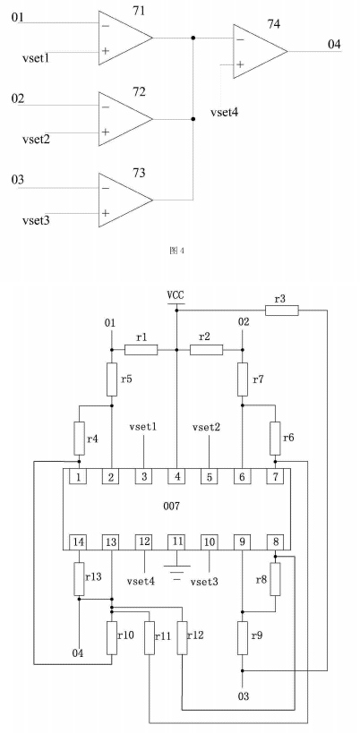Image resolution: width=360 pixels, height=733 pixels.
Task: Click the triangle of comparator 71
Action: pyautogui.click(x=124, y=38)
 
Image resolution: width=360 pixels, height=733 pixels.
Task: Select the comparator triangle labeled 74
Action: pyautogui.click(x=259, y=51)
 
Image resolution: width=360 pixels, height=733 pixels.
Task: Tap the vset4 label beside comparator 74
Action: pyautogui.click(x=225, y=112)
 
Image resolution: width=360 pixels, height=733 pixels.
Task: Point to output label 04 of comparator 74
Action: pyautogui.click(x=334, y=45)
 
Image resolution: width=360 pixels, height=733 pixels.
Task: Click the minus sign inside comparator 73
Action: pyautogui.click(x=105, y=188)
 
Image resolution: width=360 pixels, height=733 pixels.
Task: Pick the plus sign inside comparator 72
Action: pyautogui.click(x=105, y=132)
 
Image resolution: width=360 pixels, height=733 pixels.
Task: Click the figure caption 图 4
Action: pyautogui.click(x=176, y=251)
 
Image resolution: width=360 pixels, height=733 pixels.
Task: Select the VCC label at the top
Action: pyautogui.click(x=176, y=295)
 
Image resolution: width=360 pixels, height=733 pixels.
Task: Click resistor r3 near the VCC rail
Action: pyautogui.click(x=281, y=310)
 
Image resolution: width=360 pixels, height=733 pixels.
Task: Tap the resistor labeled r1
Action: pyautogui.click(x=141, y=349)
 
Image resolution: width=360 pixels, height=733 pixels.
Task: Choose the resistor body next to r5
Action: pyautogui.click(x=111, y=379)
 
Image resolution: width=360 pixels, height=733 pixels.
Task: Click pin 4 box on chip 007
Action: pyautogui.click(x=176, y=476)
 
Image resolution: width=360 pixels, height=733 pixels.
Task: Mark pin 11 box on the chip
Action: pyautogui.click(x=176, y=542)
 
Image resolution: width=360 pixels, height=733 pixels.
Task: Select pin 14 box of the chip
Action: pyautogui.click(x=79, y=542)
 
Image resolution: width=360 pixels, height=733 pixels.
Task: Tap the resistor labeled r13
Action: pyautogui.click(x=79, y=578)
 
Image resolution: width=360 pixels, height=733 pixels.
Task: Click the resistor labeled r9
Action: pyautogui.click(x=242, y=637)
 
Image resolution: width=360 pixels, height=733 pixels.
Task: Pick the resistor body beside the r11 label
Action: pyautogui.click(x=150, y=637)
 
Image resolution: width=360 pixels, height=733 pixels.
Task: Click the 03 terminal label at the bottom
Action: pyautogui.click(x=243, y=696)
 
